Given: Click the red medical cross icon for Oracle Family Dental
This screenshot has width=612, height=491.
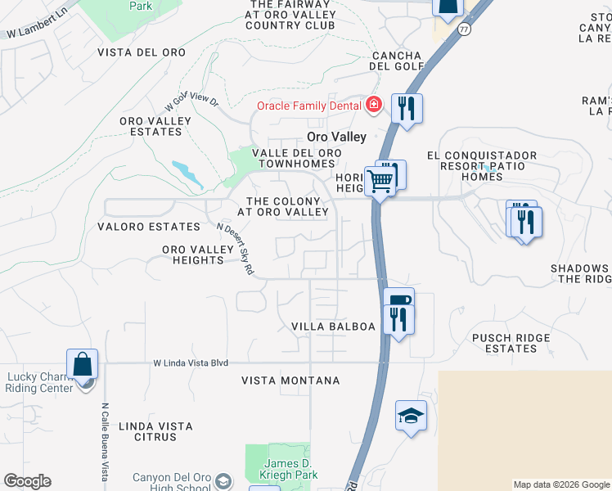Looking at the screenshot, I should [374, 105].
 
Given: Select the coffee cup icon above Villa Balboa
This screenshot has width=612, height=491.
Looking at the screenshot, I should [398, 300].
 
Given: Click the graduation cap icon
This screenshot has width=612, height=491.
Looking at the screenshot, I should [411, 415].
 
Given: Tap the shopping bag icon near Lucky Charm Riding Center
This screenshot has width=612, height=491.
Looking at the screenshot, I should [82, 363].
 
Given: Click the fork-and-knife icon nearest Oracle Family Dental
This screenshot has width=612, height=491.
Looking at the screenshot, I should [407, 107].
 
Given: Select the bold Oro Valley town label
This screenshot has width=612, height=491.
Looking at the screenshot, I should [336, 137].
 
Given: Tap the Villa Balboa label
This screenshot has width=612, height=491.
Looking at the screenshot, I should [333, 327].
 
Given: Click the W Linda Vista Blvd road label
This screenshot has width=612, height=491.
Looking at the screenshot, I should [190, 363].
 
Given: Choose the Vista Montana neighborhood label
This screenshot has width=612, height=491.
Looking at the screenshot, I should [290, 381].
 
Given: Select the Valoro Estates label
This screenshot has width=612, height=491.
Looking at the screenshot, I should [148, 227].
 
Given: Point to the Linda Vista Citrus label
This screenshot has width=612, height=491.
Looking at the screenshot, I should [155, 431].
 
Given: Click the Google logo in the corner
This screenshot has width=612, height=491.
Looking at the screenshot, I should [27, 481].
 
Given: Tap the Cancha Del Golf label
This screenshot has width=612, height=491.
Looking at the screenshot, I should [398, 61].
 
